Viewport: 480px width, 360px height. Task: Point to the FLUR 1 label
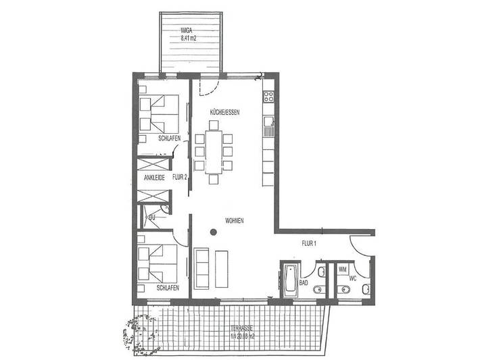[x=309, y=242]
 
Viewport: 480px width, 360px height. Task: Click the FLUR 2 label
[x=179, y=178]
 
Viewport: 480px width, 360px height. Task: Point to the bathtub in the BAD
[x=289, y=279]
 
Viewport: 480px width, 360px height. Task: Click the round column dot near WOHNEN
[x=212, y=233]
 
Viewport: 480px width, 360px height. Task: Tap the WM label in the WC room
[x=342, y=269]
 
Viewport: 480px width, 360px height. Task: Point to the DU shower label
[x=152, y=217]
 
